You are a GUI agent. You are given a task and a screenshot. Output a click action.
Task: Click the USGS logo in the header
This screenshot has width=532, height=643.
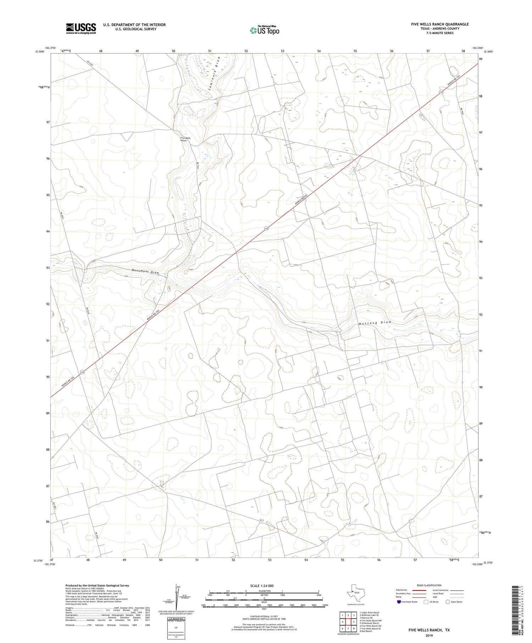(81, 28)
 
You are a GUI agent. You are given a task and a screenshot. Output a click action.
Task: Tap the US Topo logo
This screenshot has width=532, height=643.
(264, 31)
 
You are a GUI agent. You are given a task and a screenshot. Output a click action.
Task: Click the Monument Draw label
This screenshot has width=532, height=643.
(145, 272)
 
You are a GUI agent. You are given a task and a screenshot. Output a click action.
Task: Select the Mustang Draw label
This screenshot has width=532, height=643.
(375, 323)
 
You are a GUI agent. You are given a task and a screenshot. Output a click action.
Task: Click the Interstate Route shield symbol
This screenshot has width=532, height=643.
(399, 602)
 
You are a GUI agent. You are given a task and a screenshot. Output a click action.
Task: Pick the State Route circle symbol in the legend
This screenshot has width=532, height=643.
(448, 602)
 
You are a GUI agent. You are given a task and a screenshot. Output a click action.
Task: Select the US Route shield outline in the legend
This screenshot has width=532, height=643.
(426, 602)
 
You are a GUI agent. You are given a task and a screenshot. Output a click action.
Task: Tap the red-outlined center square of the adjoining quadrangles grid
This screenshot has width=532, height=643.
(348, 622)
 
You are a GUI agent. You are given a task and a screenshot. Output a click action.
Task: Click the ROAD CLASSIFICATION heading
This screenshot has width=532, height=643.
(429, 585)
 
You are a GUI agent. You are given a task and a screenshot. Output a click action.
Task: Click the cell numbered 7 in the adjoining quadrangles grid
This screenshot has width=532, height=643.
(348, 628)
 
